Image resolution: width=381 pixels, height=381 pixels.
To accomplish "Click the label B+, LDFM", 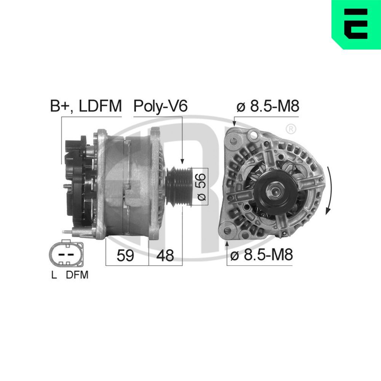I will coord(86,106).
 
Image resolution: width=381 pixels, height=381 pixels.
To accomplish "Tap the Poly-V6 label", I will coord(160,106).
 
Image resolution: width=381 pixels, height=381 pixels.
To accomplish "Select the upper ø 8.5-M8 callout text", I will coord(267,106).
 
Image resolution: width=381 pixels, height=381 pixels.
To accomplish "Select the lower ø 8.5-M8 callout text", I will coord(261,255).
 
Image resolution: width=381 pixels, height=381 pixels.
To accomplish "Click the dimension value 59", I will coord(125,256).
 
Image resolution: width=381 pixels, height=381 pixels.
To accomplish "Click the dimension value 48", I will coord(165,256).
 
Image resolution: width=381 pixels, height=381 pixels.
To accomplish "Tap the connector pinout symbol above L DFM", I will coord(65,254).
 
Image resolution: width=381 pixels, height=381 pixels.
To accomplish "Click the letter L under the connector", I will coord(54,275).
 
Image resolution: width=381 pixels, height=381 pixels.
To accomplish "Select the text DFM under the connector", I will coord(77,275).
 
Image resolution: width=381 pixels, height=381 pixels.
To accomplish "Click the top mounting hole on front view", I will coord(233,140).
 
